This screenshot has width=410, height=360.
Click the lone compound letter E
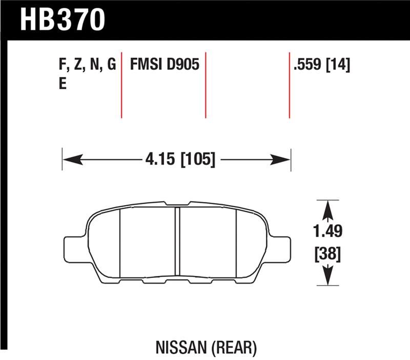tap(63, 84)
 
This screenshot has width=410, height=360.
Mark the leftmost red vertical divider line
tap(121, 85)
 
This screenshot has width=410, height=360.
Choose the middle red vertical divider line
tap(206, 85)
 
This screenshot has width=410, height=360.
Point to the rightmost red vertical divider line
tap(290, 85)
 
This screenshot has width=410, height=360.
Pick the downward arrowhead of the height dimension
tap(328, 277)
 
